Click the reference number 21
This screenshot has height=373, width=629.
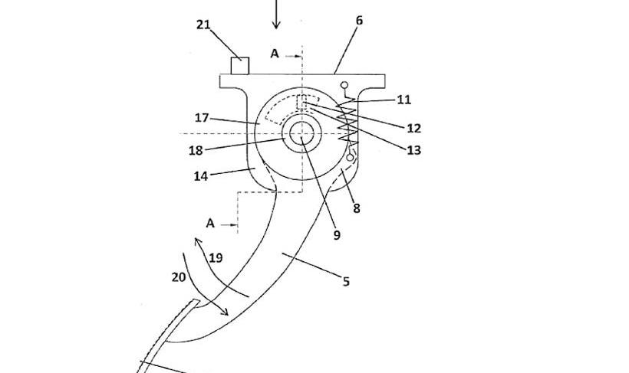click(203, 25)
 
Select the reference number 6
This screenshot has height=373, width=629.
click(359, 21)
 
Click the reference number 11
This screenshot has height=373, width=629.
click(404, 100)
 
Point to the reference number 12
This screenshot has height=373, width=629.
click(413, 128)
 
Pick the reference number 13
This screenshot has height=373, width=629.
click(413, 150)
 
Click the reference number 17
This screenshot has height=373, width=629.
click(202, 118)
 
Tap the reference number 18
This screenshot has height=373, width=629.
click(196, 150)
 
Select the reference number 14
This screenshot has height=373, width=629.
click(200, 176)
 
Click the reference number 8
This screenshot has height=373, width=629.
click(356, 208)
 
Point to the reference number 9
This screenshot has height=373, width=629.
click(336, 236)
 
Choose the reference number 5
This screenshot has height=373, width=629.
click(346, 282)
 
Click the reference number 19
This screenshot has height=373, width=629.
click(216, 258)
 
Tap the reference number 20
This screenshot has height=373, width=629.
click(178, 277)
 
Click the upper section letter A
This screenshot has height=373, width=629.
click(275, 54)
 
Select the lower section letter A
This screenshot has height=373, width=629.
click(209, 224)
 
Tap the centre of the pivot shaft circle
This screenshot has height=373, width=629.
click(302, 133)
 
